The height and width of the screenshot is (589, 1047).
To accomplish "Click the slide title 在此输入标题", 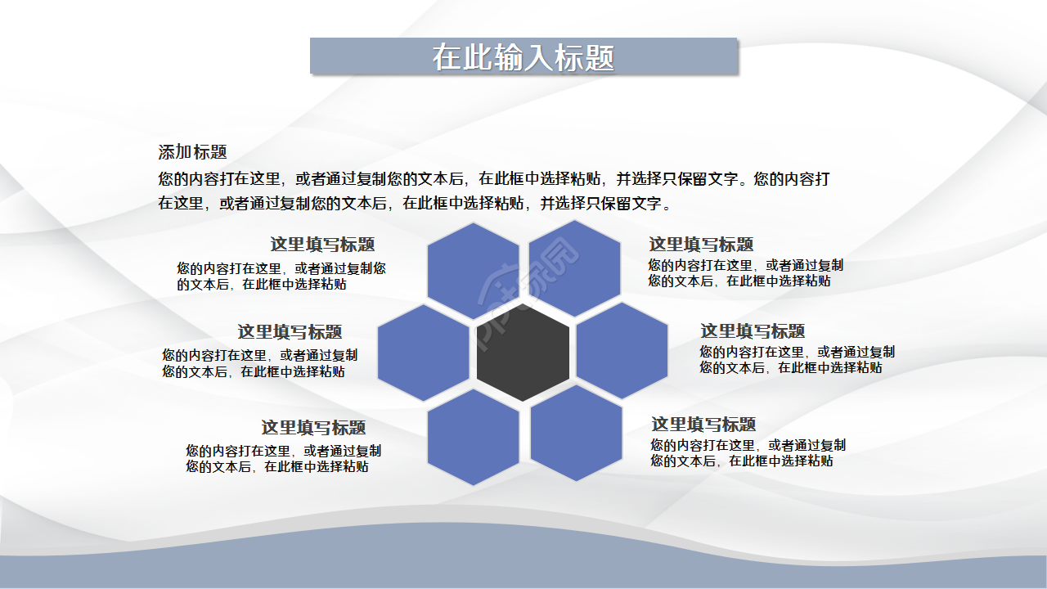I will click(x=523, y=57).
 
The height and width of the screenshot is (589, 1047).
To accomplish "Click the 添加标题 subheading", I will click(x=192, y=152).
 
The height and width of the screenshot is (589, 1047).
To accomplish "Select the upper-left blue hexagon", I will click(x=473, y=271).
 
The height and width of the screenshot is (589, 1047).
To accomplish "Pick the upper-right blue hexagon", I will click(x=575, y=268).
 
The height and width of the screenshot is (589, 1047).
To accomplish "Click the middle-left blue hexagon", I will click(x=424, y=353).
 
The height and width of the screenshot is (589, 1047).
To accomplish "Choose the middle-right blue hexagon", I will click(x=622, y=350).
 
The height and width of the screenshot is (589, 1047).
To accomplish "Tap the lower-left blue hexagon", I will click(x=473, y=437).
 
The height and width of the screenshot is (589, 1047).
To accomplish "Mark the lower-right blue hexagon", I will click(x=577, y=433).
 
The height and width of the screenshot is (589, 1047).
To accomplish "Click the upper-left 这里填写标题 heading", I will click(x=322, y=245).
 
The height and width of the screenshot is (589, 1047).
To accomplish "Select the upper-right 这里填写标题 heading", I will click(x=701, y=245).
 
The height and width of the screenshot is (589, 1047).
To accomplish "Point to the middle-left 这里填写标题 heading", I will click(x=290, y=332).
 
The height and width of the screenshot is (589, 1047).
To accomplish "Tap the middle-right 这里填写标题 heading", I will click(x=753, y=331).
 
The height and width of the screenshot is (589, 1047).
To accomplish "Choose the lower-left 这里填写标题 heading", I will click(x=313, y=428).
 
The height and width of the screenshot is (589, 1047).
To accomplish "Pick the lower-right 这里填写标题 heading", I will click(x=703, y=425).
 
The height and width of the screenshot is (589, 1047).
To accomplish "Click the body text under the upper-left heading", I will click(x=281, y=277).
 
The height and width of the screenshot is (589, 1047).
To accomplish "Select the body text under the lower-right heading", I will click(x=748, y=453).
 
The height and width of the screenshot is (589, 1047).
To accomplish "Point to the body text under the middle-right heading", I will click(x=797, y=360).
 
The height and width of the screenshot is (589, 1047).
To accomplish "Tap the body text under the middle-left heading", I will click(x=259, y=363).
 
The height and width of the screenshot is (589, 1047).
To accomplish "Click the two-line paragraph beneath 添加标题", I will click(x=494, y=191).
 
